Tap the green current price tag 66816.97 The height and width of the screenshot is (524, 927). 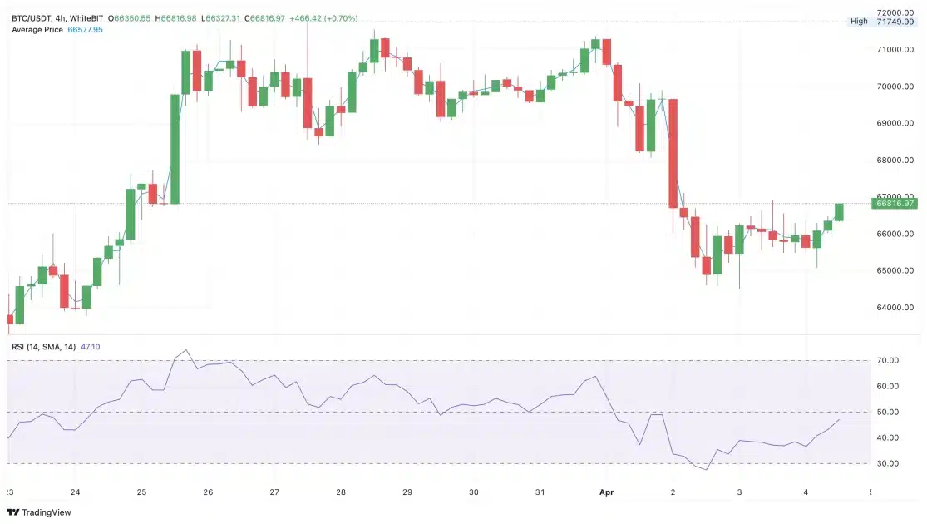[895, 203]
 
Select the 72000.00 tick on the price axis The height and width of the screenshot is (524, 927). [895, 13]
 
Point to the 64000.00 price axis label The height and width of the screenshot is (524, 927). [895, 308]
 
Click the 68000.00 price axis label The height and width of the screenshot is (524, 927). [895, 161]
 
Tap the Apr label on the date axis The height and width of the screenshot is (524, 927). [607, 492]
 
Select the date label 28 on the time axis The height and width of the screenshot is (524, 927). [341, 492]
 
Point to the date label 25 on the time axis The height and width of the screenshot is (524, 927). [141, 492]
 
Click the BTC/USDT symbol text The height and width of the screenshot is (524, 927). [31, 17]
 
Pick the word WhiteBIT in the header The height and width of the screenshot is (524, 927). [86, 17]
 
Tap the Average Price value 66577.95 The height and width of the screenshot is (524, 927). [85, 30]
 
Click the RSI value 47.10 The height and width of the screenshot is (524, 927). [90, 346]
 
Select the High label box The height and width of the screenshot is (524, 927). [859, 22]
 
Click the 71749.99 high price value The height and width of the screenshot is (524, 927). [895, 22]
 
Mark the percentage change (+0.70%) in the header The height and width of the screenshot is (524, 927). [343, 17]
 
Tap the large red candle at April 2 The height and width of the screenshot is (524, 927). [673, 153]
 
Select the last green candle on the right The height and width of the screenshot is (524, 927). [839, 212]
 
